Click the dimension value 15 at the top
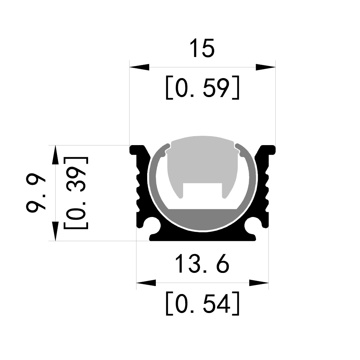pyautogui.click(x=202, y=48)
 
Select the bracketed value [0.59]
pyautogui.click(x=202, y=87)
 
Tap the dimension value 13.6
pyautogui.click(x=202, y=263)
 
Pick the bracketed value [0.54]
pyautogui.click(x=202, y=303)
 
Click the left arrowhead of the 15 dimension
pyautogui.click(x=139, y=67)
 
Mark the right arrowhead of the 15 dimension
pyautogui.click(x=266, y=67)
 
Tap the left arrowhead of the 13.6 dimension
pyautogui.click(x=146, y=283)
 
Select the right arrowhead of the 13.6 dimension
pyautogui.click(x=259, y=283)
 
